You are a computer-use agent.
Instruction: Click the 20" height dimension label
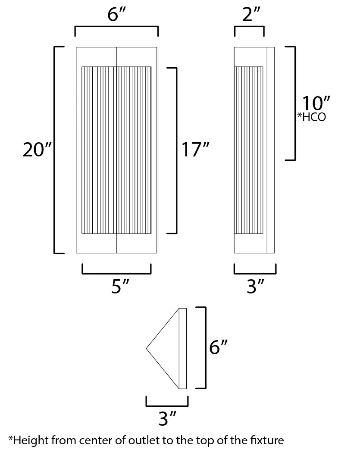click(37, 150)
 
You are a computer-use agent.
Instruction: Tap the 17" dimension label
click(195, 150)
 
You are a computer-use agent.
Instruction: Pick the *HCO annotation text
click(311, 117)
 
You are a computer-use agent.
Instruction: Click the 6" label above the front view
click(116, 16)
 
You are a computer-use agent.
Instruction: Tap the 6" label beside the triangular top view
click(218, 347)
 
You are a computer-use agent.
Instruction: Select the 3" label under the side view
click(255, 286)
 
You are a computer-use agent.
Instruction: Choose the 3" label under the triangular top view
click(168, 419)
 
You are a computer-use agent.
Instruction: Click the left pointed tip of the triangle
click(148, 347)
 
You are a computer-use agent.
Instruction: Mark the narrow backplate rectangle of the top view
click(182, 348)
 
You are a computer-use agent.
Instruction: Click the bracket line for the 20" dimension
click(55, 150)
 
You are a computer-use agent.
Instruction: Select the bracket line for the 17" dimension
click(176, 150)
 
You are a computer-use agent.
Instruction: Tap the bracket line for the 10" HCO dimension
click(294, 103)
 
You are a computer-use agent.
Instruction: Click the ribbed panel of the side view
click(248, 150)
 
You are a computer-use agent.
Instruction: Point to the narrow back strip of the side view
click(271, 150)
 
